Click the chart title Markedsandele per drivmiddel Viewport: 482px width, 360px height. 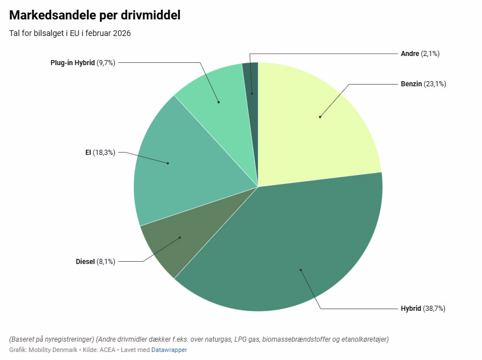point(95,15)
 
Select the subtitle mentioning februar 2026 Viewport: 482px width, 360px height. point(70,33)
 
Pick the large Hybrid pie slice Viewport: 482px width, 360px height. point(286,251)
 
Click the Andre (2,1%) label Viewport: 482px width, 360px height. point(420,54)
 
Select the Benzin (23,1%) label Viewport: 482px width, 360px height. point(423,84)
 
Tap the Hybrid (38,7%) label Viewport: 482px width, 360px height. point(423,309)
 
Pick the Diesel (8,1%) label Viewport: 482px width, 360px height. point(95,262)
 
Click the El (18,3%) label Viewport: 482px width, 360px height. point(100,153)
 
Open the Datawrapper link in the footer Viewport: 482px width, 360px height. point(169,350)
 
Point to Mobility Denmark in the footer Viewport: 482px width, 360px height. point(53,350)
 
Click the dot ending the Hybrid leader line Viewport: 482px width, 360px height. point(300,270)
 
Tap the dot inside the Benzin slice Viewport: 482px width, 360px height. point(320,117)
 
